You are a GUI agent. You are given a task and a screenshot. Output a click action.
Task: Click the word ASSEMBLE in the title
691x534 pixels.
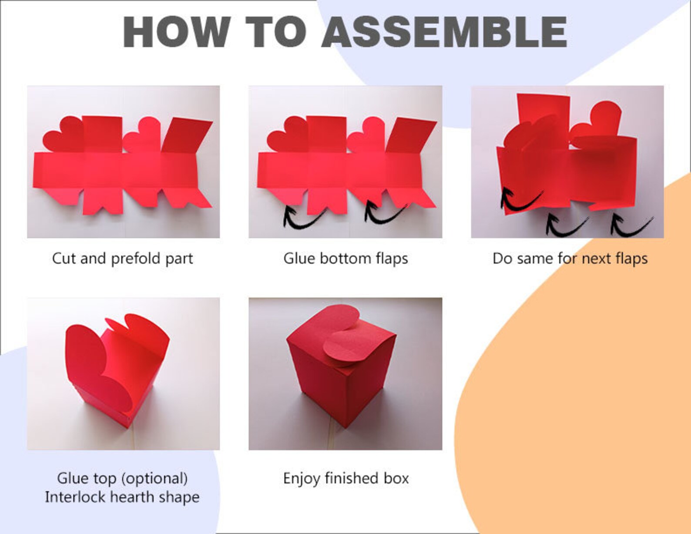click(444, 32)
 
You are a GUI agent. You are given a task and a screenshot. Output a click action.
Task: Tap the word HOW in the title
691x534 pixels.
click(177, 32)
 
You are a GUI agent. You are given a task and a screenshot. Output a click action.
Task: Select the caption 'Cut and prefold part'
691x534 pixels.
click(122, 259)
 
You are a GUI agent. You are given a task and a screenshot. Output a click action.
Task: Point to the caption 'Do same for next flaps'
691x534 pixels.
click(570, 259)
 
